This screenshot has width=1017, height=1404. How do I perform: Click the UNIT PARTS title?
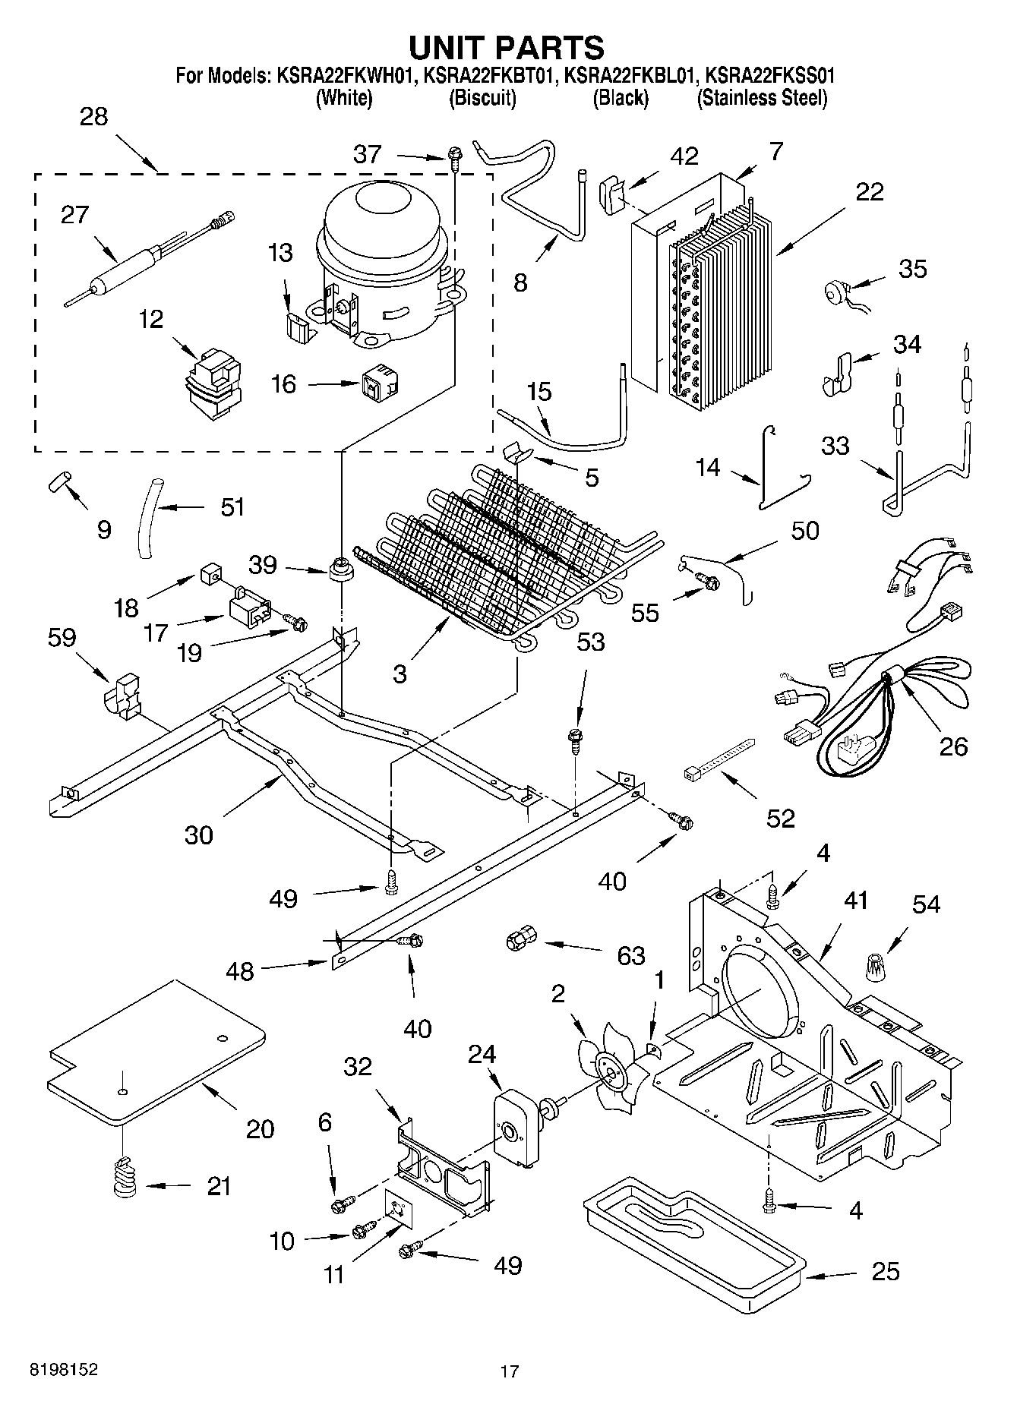point(507,47)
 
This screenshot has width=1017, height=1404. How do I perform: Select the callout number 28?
point(94,117)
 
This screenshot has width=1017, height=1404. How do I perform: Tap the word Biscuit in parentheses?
point(483,98)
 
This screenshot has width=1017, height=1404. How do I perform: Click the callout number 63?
point(630,955)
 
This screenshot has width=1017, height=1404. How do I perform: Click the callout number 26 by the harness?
point(953,746)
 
